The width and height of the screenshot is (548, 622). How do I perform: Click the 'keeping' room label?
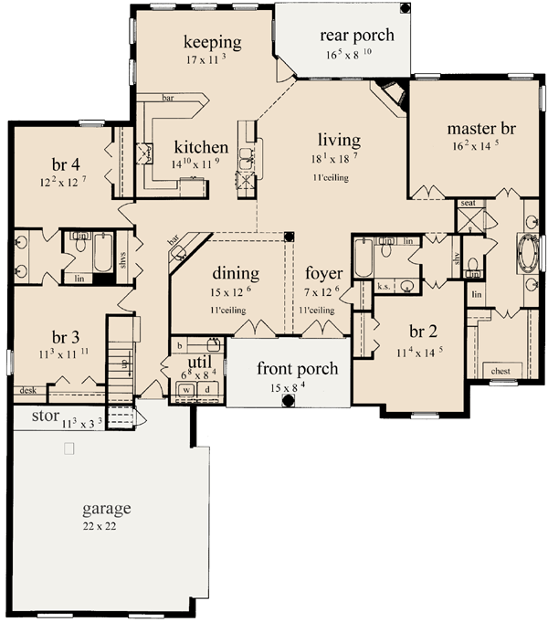pyautogui.click(x=212, y=42)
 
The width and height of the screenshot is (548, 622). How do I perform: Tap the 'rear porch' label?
pyautogui.click(x=356, y=36)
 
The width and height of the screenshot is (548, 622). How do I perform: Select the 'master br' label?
pyautogui.click(x=482, y=129)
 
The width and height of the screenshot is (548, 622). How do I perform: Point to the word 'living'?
pyautogui.click(x=339, y=141)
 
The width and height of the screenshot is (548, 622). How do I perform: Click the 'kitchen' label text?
pyautogui.click(x=200, y=147)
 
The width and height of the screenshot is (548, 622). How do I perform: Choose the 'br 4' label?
pyautogui.click(x=66, y=164)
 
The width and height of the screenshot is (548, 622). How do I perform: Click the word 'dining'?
pyautogui.click(x=237, y=273)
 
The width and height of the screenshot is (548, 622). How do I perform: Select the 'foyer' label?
pyautogui.click(x=323, y=273)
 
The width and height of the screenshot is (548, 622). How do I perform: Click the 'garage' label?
pyautogui.click(x=105, y=509)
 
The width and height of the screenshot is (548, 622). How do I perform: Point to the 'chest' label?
pyautogui.click(x=500, y=372)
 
